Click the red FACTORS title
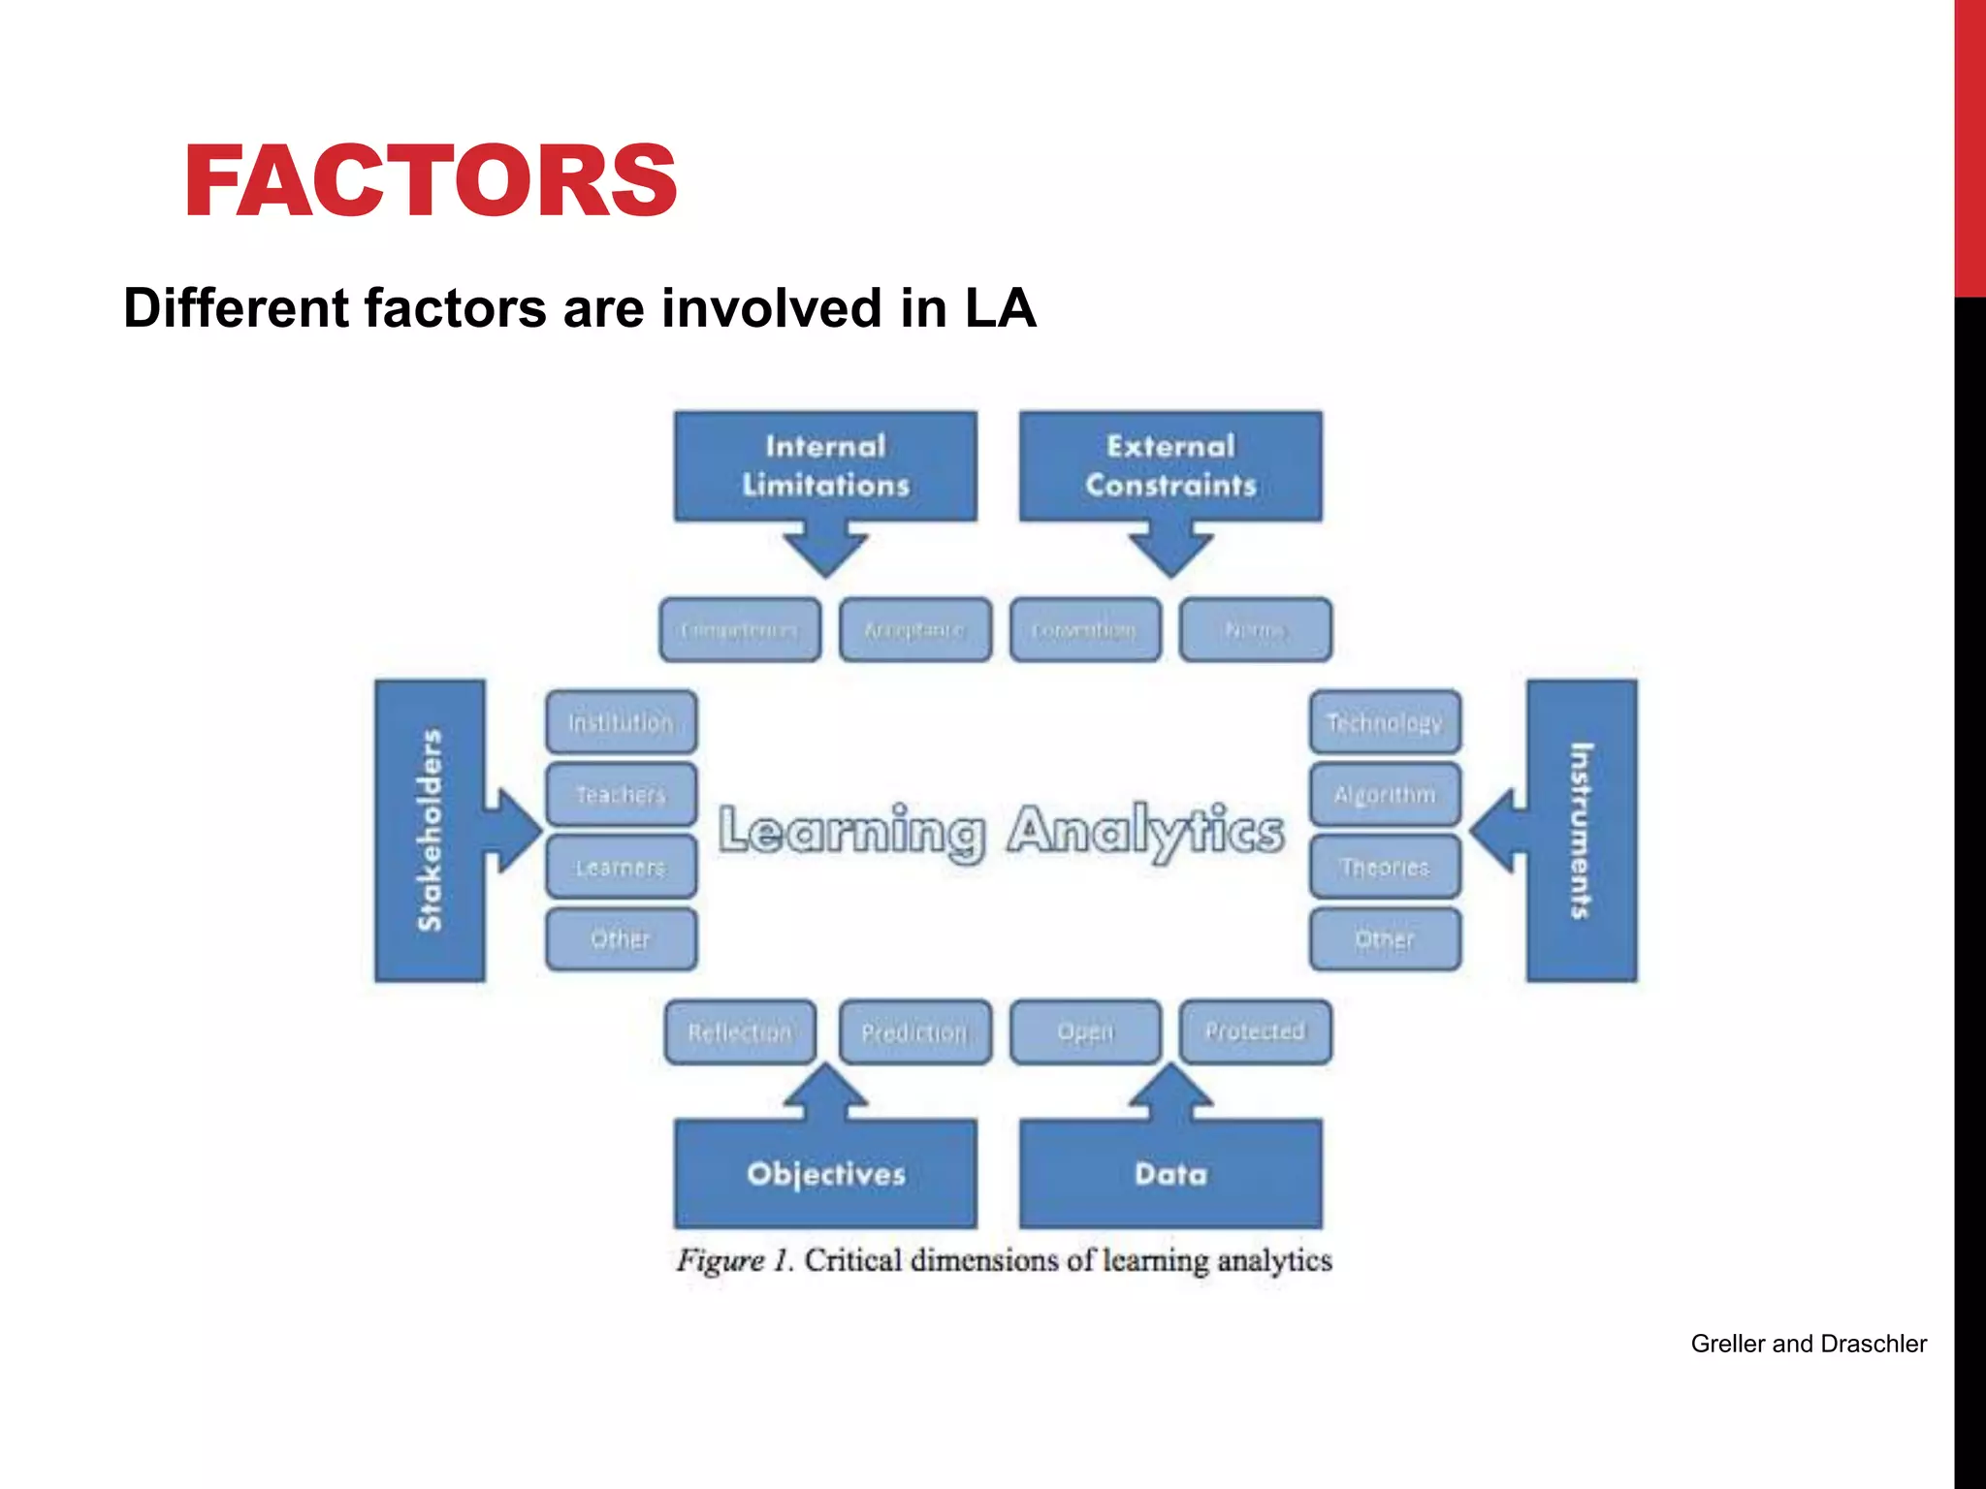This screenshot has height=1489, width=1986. [x=431, y=181]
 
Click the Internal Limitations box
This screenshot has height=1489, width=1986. [x=825, y=466]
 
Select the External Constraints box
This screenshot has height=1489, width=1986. [x=1170, y=466]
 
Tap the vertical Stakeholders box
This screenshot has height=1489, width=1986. [x=430, y=831]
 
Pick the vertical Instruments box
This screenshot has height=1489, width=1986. [x=1582, y=831]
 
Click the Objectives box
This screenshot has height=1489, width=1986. [x=825, y=1174]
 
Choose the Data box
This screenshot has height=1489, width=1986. [x=1170, y=1174]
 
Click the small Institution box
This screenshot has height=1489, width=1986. [x=621, y=722]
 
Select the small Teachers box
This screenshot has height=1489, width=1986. [x=621, y=795]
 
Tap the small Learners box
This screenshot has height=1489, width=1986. [x=621, y=867]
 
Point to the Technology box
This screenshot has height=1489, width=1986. [x=1385, y=722]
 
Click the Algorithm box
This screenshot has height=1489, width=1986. [x=1385, y=795]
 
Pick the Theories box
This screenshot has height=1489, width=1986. [x=1385, y=867]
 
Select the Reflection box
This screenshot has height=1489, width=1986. [x=740, y=1032]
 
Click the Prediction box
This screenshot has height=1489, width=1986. [x=914, y=1032]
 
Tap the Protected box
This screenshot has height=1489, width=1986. [x=1255, y=1031]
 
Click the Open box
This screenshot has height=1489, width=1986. [x=1085, y=1031]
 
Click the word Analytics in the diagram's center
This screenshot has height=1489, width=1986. [x=1145, y=832]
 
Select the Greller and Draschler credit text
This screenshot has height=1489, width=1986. [x=1809, y=1344]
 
